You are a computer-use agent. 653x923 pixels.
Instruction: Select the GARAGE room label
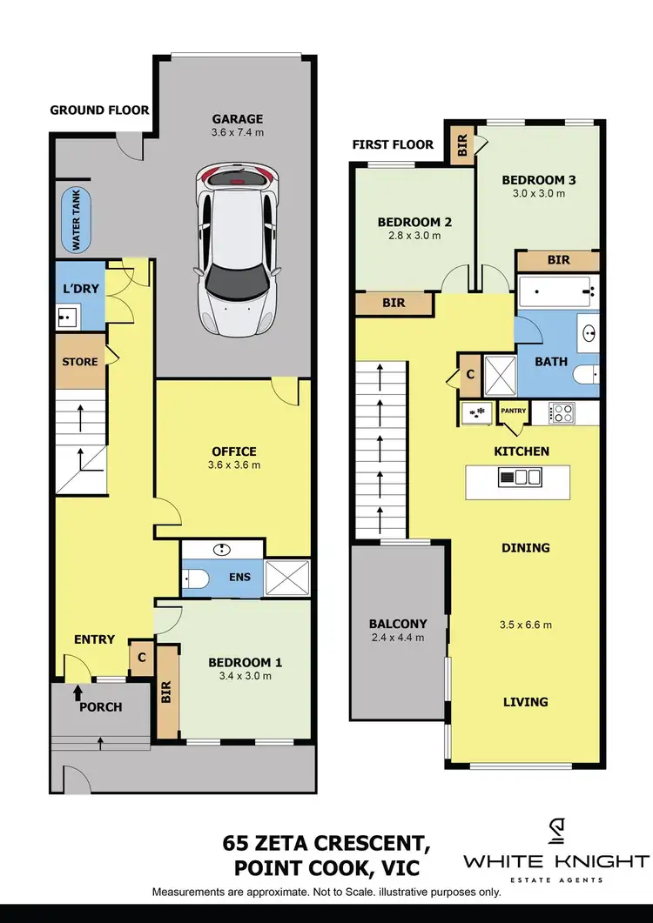click(237, 119)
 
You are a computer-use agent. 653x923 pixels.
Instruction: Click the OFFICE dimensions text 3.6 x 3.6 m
click(234, 465)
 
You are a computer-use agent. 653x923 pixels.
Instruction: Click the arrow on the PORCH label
click(78, 692)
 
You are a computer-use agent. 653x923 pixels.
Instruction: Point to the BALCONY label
click(397, 623)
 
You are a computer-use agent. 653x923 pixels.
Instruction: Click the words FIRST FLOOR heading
click(393, 144)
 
